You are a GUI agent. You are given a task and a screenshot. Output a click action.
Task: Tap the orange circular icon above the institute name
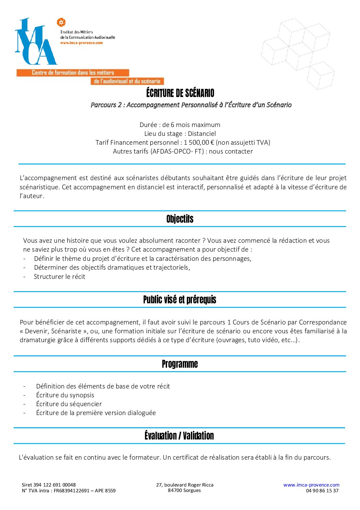61,22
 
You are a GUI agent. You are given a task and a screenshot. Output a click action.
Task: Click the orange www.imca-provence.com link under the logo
81,43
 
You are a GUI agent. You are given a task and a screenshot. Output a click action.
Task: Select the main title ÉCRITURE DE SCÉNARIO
180,93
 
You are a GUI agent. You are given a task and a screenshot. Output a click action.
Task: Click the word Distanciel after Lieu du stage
202,133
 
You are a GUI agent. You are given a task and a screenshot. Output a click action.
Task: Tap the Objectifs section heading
180,219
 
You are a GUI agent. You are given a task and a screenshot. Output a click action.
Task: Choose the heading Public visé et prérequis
180,300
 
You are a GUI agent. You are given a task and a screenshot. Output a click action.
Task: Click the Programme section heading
180,364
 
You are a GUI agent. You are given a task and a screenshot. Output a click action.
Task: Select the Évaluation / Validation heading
179,436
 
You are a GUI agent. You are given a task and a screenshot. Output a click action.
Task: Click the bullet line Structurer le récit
60,276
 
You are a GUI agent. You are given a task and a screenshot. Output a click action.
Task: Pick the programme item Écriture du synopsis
65,395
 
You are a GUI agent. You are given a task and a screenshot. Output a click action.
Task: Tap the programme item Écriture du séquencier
69,404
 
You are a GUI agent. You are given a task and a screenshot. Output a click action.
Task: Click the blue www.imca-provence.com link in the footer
311,485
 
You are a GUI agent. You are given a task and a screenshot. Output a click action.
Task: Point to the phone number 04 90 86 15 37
322,491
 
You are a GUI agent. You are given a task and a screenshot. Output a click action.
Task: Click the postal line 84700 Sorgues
184,490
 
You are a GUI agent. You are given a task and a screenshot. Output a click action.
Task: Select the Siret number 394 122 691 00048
54,485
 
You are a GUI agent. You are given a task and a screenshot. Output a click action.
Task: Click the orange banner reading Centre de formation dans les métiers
73,73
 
